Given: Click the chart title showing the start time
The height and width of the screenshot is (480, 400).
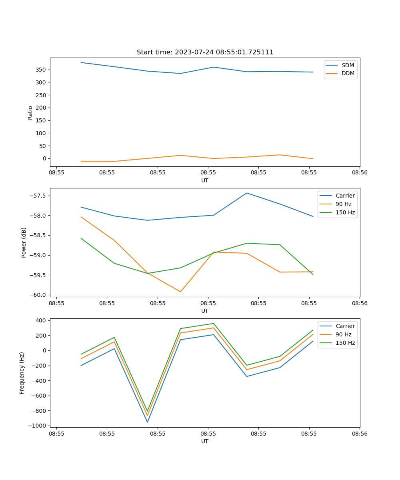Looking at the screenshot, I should coord(205,52).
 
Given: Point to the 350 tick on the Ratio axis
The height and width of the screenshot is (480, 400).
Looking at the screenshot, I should coord(41,70).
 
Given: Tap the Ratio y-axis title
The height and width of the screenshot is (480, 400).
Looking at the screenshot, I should coord(30,112).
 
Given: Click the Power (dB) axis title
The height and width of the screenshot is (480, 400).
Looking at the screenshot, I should coord(24,242).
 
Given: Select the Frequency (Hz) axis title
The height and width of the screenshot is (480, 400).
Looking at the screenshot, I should coord(22,373).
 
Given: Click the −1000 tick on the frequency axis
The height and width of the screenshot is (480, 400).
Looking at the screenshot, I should coord(35,426).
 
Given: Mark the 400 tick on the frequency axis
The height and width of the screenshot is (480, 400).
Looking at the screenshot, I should coord(40,320).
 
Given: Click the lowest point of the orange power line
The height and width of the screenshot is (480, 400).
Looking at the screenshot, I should coord(180,292).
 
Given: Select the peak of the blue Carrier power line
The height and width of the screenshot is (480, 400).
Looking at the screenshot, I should coord(247,193).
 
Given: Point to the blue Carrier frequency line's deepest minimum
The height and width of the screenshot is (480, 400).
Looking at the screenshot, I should coord(148,422).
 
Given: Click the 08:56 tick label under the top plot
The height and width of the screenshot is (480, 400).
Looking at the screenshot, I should coord(360,173).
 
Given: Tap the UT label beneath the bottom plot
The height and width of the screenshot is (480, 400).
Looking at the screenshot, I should coord(205,441).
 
